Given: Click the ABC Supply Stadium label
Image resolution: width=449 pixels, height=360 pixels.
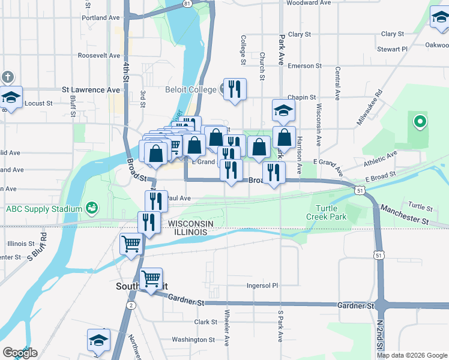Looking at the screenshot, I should point(43,209).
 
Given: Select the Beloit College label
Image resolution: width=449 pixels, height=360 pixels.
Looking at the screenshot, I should point(190,90).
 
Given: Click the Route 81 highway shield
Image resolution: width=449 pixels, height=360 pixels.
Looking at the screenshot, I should point(188,4).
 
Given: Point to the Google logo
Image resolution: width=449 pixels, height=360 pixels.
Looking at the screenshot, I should point(20,353).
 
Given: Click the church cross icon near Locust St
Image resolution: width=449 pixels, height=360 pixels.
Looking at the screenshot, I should point(7,77).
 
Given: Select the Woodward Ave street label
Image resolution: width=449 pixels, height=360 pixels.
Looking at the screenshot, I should point(309,3).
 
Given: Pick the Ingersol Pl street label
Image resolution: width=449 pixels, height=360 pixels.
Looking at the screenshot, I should point(263,286).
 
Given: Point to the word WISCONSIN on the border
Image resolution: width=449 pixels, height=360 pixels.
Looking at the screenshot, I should point(187,223).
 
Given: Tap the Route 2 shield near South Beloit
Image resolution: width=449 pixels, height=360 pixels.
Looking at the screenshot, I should point(130,305).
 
